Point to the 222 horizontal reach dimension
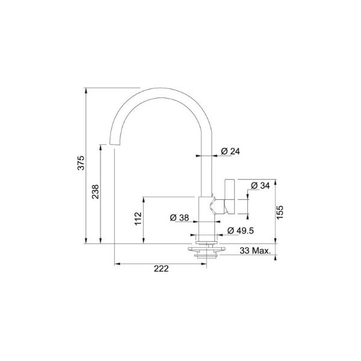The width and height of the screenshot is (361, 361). click(160, 269)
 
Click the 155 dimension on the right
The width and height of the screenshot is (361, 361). click(280, 211)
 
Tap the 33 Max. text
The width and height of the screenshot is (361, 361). click(255, 250)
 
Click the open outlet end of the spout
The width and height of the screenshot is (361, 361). click(113, 145)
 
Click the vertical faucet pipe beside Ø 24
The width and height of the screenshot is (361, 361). click(205, 168)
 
